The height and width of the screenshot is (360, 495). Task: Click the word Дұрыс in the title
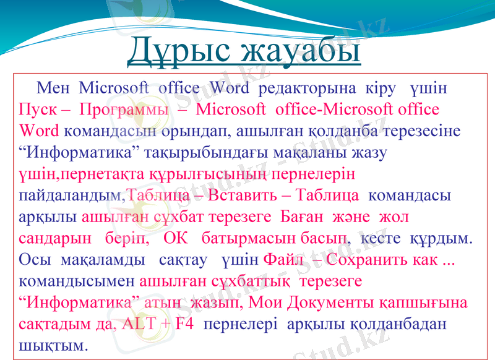[x=179, y=50]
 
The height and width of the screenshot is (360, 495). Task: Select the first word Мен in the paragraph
[x=53, y=88]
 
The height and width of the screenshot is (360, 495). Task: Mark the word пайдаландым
[x=71, y=195]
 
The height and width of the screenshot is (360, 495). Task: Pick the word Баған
[x=299, y=217]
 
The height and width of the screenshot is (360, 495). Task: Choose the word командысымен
[x=77, y=281]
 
